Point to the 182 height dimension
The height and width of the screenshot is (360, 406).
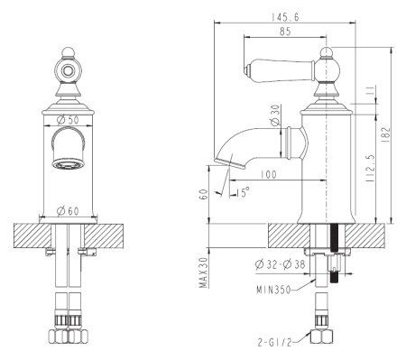pos(385,134)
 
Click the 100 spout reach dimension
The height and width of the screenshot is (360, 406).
pos(266,174)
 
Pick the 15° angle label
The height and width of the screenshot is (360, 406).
pos(245,192)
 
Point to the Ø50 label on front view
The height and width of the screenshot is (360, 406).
pos(65,118)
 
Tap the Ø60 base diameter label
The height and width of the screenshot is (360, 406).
pos(65,211)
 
